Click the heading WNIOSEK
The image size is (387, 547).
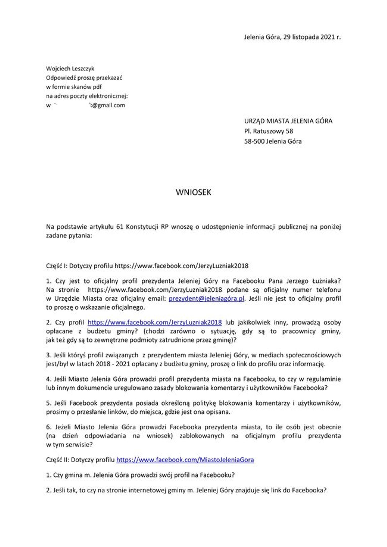[193, 192]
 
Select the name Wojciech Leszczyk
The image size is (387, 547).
[70, 69]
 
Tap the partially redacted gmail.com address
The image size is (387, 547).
[85, 105]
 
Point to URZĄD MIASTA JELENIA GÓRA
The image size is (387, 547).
[288, 121]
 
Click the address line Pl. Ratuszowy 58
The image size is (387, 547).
[269, 131]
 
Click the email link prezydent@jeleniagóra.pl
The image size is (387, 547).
[206, 298]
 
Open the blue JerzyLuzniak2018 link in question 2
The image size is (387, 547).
[155, 322]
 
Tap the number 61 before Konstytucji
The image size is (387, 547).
[120, 227]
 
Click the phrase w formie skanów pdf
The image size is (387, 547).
[74, 87]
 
